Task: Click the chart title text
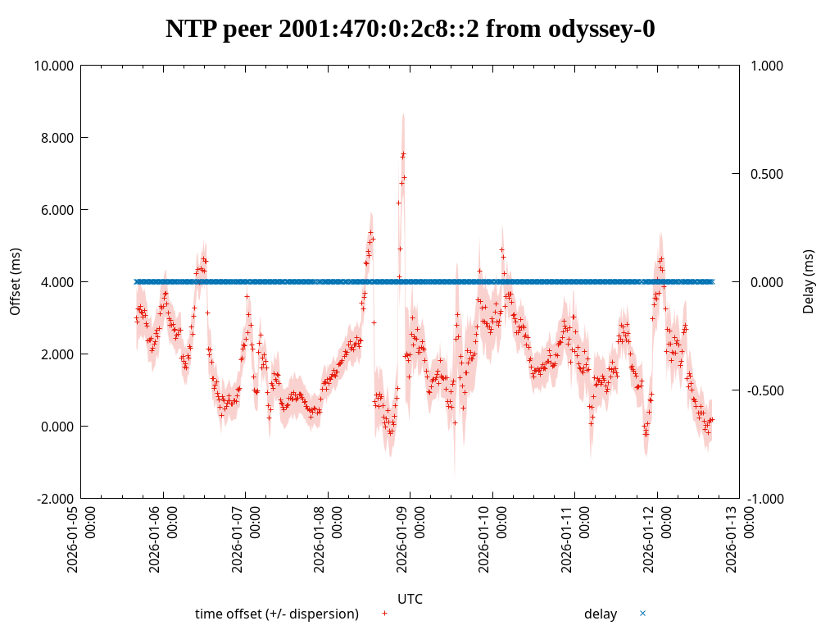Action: pyautogui.click(x=410, y=30)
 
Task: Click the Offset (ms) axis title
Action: pyautogui.click(x=15, y=281)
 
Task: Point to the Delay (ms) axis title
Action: pyautogui.click(x=809, y=281)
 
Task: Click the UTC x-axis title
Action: pyautogui.click(x=410, y=599)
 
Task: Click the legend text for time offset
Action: pyautogui.click(x=276, y=614)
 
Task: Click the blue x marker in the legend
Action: pyautogui.click(x=642, y=613)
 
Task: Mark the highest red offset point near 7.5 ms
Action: pyautogui.click(x=403, y=153)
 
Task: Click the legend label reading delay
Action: pyautogui.click(x=601, y=614)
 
